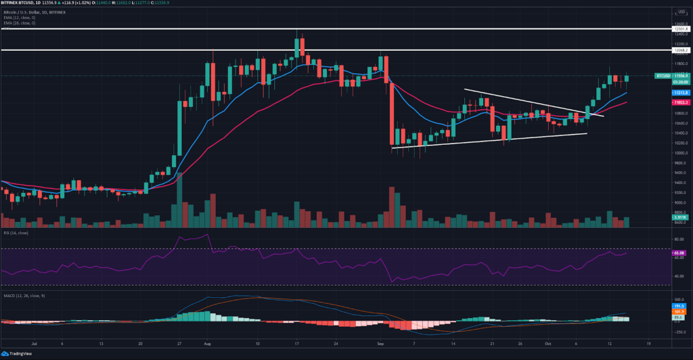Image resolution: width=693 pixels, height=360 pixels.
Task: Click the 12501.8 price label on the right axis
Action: click(680, 29)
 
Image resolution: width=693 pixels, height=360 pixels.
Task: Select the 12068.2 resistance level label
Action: click(680, 50)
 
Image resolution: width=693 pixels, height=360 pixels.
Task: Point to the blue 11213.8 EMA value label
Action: click(680, 92)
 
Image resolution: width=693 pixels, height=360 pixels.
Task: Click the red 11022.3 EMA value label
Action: click(680, 102)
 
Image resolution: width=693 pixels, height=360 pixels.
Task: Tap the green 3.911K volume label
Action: click(680, 217)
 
